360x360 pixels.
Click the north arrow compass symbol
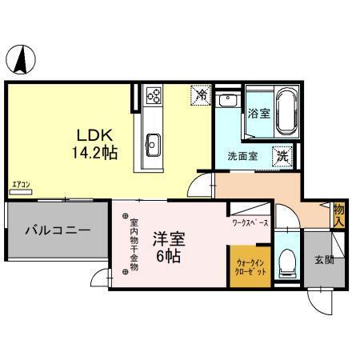tap(22, 59)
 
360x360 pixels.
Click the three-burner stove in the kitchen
tap(153, 98)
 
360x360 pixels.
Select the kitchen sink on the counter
tap(153, 146)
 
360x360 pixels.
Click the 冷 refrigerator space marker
tap(202, 95)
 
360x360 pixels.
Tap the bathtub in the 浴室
tap(285, 112)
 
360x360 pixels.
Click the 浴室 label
tap(258, 113)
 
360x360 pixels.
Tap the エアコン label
tap(21, 187)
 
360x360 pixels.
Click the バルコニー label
tap(56, 230)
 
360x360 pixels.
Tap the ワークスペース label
tap(250, 222)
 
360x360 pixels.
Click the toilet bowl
tap(287, 261)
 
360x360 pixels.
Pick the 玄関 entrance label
tap(324, 260)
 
